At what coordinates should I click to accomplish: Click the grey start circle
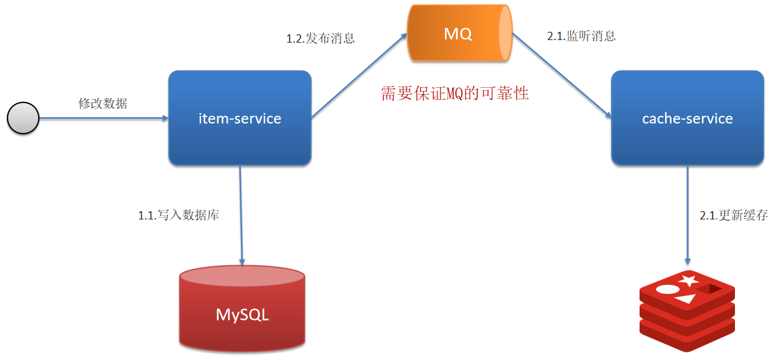23,118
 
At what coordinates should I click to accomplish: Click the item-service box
240,118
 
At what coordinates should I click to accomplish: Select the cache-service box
687,118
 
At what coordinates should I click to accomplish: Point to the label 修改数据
103,103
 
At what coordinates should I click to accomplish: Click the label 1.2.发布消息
320,38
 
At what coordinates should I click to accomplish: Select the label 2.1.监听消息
581,36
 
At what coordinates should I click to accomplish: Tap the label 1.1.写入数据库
179,216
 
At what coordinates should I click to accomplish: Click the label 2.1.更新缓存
734,216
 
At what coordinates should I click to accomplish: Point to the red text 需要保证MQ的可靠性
455,94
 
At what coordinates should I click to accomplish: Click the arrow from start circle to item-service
102,118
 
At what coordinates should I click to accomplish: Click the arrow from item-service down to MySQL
241,216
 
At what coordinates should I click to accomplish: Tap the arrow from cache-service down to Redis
687,216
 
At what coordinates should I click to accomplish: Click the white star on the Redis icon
687,280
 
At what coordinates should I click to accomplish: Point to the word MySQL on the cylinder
242,315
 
